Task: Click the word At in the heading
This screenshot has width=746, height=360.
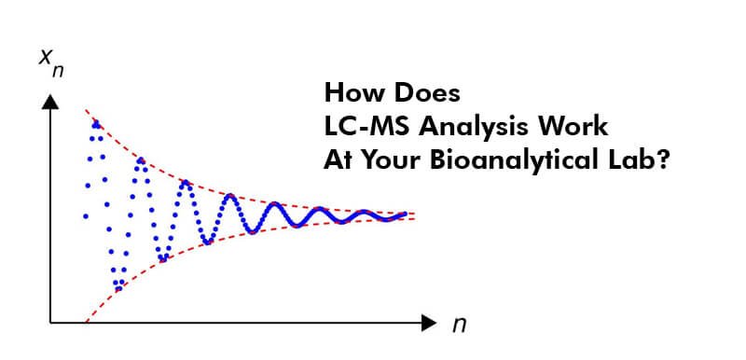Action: pyautogui.click(x=338, y=159)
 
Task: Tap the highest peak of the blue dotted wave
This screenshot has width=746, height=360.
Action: pyautogui.click(x=95, y=123)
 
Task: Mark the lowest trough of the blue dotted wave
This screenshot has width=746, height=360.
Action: pyautogui.click(x=118, y=288)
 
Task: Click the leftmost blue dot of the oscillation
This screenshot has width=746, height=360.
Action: pyautogui.click(x=86, y=215)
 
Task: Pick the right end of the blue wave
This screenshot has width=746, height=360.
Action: pyautogui.click(x=406, y=215)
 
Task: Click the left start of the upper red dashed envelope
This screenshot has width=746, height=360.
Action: pyautogui.click(x=86, y=110)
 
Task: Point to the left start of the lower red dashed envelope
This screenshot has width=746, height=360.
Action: pyautogui.click(x=86, y=320)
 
